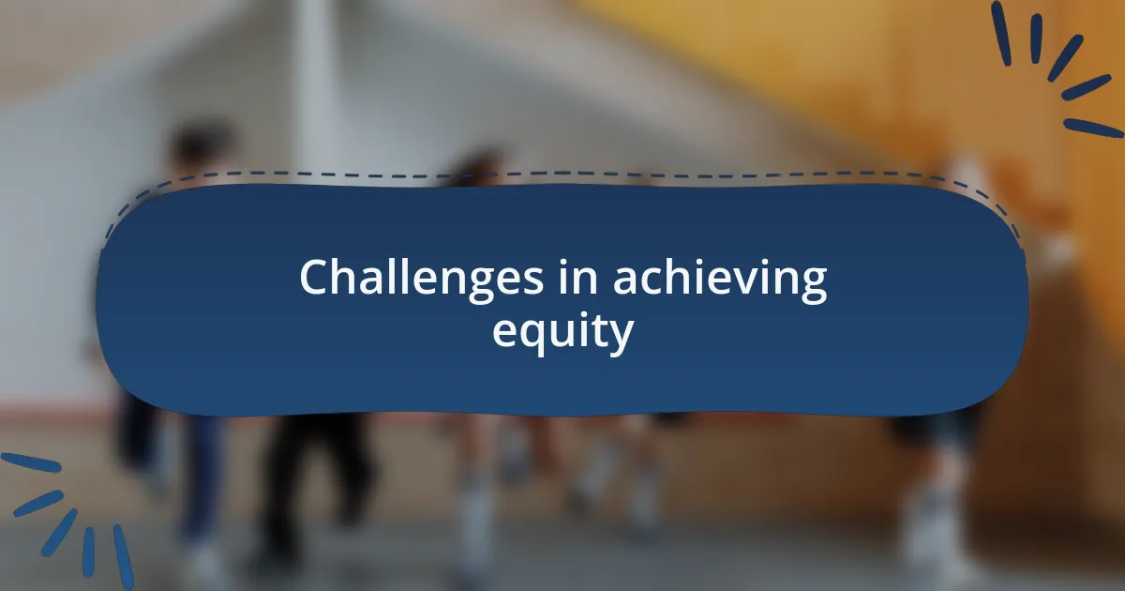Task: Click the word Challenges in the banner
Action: (x=421, y=279)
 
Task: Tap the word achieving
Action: (x=720, y=279)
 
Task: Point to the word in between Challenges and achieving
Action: (x=577, y=279)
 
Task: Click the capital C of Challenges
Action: (x=315, y=279)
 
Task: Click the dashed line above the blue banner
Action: (x=562, y=174)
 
